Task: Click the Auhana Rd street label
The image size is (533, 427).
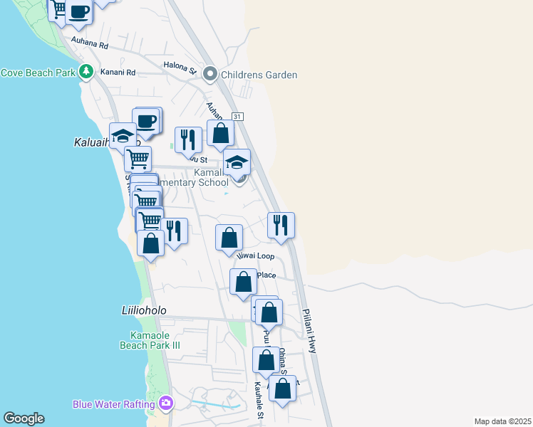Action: coord(89,45)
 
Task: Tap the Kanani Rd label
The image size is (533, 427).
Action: coord(118,72)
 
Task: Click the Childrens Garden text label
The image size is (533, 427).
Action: coord(259,75)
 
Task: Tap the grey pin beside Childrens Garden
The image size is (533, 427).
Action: coord(210,73)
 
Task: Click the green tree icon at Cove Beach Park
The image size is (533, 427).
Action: coord(86,72)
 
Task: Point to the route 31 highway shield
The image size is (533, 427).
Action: coord(237,116)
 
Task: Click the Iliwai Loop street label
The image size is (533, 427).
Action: coord(255,255)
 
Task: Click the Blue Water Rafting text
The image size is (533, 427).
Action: coord(113,404)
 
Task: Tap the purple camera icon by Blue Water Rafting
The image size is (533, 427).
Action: coord(166,404)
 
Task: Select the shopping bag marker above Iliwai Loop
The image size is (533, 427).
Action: coord(229,237)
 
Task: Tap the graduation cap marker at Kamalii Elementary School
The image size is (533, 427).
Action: coord(237,162)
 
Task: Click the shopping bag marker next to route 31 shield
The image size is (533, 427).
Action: coord(221,132)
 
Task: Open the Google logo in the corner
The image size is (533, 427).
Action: coord(24,418)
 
